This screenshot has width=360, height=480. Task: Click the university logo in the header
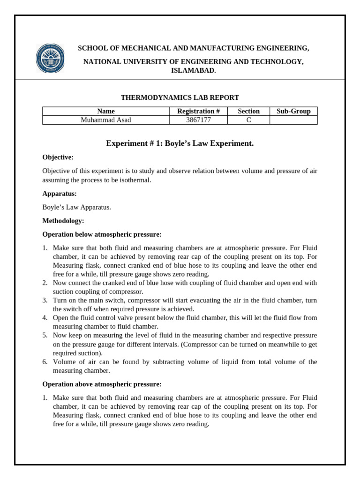50,58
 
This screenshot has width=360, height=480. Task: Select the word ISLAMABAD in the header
193,70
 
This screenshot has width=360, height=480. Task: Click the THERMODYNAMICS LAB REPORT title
180,97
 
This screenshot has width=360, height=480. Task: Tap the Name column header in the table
106,111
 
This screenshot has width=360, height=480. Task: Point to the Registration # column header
198,111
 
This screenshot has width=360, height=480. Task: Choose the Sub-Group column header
293,111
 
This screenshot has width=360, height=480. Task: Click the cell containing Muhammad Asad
106,120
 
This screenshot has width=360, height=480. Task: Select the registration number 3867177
198,120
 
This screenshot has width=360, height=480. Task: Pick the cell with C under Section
248,120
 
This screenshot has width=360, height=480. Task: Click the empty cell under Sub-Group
293,120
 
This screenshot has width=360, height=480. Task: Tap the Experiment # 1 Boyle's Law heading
180,143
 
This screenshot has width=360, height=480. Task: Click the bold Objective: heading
58,157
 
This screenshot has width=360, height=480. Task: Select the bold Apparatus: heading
60,194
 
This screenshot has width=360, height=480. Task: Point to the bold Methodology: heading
63,220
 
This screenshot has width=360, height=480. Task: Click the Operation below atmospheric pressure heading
102,234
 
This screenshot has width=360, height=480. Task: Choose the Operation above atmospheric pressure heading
102,384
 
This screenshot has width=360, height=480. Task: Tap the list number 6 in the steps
45,362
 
